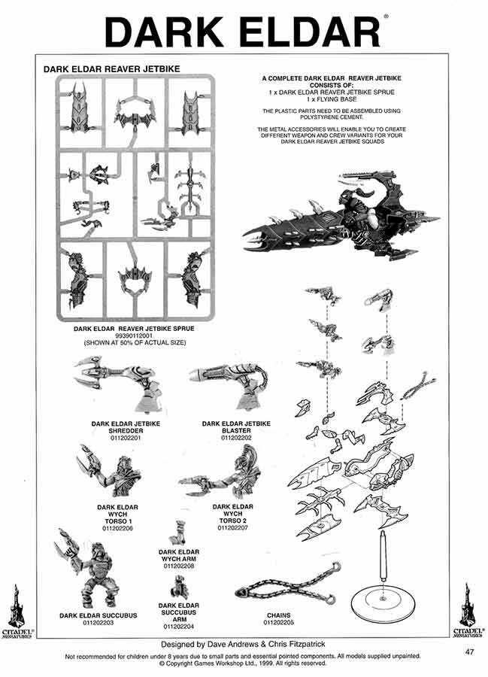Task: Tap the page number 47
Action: (x=469, y=651)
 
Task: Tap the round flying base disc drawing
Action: (x=383, y=599)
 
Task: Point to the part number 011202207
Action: (x=233, y=529)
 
